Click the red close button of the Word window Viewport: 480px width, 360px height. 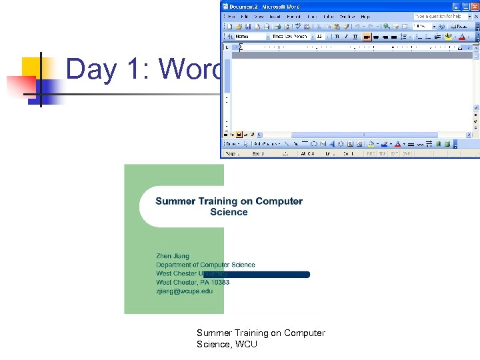pyautogui.click(x=473, y=7)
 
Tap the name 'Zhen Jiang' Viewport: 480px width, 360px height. pyautogui.click(x=173, y=256)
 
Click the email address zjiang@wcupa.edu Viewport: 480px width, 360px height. pyautogui.click(x=185, y=291)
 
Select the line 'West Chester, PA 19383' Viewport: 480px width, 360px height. pyautogui.click(x=193, y=282)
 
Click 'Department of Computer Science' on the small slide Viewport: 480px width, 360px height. pyautogui.click(x=205, y=265)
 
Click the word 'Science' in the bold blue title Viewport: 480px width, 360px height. pyautogui.click(x=229, y=212)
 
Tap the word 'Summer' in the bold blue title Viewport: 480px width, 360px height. pyautogui.click(x=175, y=201)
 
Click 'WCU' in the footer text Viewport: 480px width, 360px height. pyautogui.click(x=245, y=344)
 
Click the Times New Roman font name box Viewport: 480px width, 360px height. pyautogui.click(x=291, y=37)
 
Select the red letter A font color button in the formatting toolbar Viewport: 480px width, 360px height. pyautogui.click(x=462, y=37)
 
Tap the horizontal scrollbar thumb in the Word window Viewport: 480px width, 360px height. pyautogui.click(x=363, y=134)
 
